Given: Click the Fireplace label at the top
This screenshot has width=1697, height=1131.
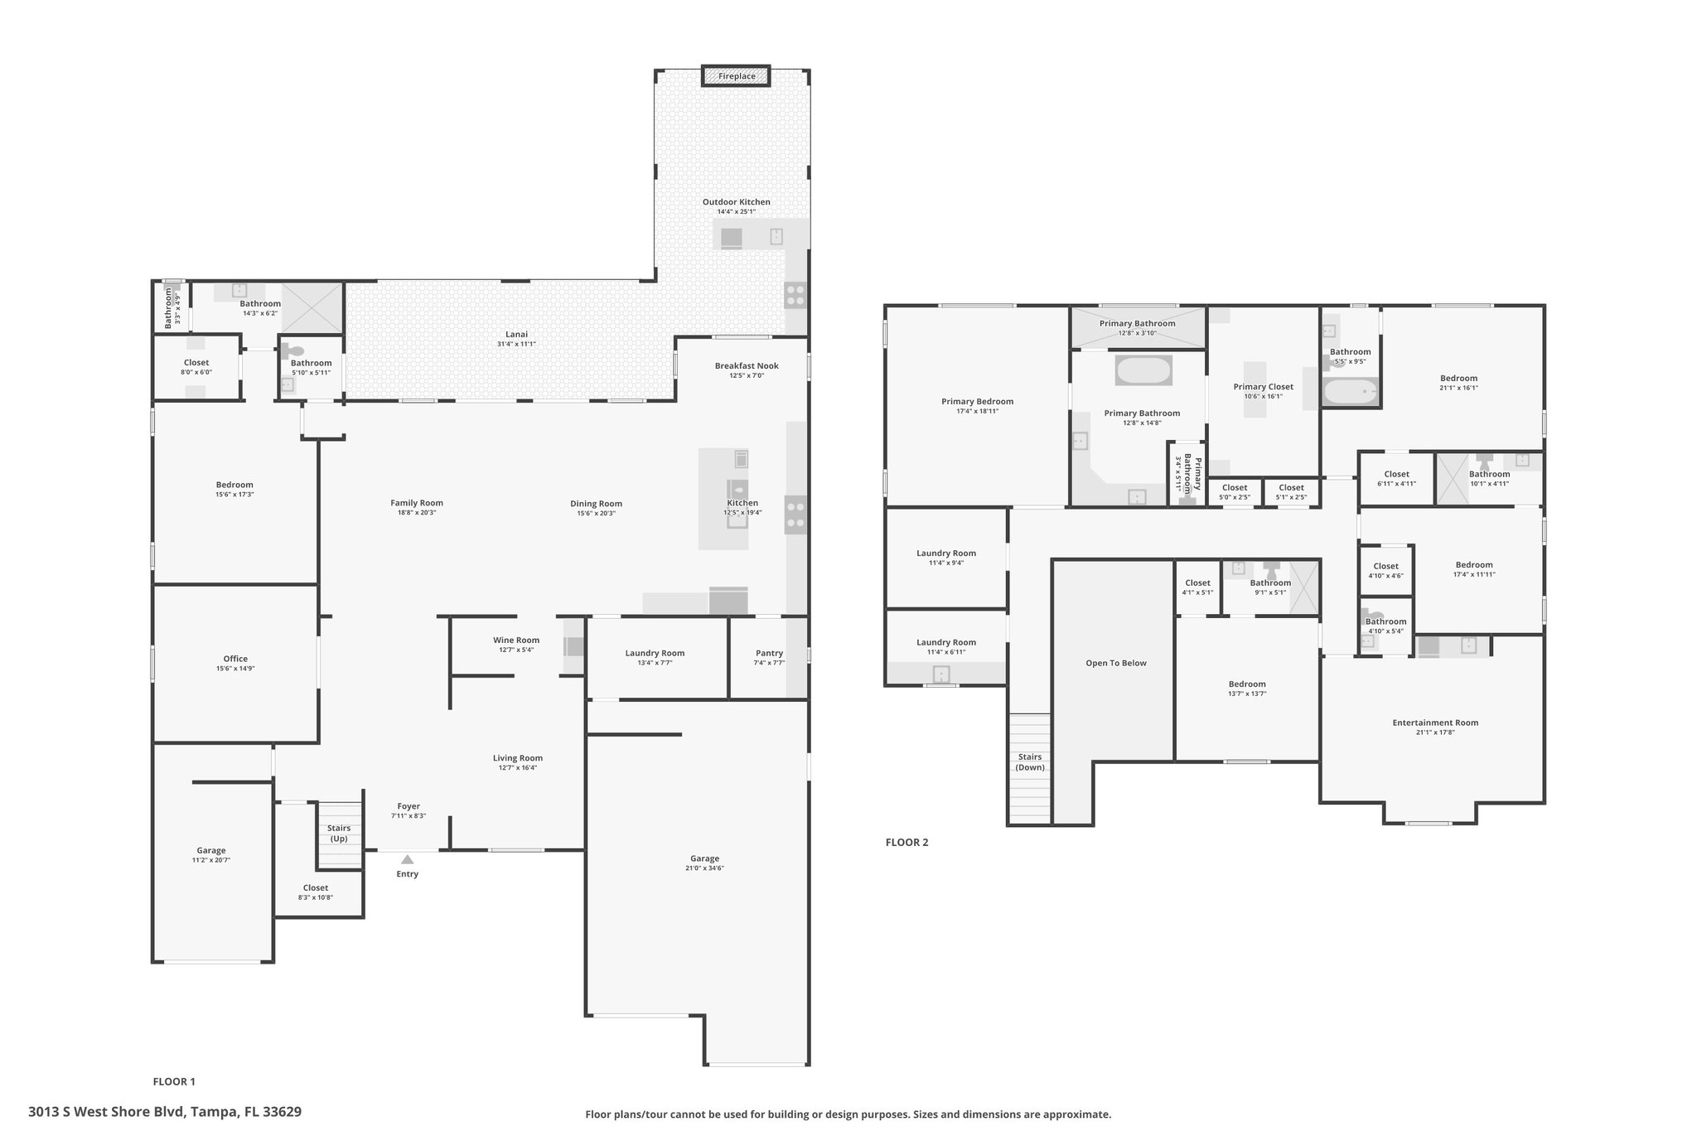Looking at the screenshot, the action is (737, 76).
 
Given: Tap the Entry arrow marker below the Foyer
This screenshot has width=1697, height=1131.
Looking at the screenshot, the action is (407, 859).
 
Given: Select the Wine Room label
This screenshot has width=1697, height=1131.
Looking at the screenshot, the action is (516, 640).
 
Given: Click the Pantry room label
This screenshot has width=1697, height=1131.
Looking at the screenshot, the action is (769, 653).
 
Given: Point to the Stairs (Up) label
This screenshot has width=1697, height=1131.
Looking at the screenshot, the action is (339, 833).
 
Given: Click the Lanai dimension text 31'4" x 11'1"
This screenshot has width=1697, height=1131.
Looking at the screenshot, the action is (516, 344).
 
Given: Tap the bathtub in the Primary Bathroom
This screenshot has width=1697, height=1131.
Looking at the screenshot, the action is (1143, 370).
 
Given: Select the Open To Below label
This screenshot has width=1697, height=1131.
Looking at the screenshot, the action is (1116, 663).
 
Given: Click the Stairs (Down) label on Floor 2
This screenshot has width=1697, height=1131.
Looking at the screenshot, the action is (1030, 761).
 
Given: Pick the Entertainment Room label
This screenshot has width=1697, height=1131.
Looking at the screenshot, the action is (1435, 723).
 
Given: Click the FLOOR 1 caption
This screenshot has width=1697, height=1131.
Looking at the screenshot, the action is (174, 1081).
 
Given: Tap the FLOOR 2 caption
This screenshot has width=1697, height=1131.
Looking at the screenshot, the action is (907, 843).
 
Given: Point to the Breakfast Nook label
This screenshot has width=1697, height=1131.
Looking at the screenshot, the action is (747, 365).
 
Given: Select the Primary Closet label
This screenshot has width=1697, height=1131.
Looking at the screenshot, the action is (1263, 387).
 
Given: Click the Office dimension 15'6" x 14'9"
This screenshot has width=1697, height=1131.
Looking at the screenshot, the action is (235, 668).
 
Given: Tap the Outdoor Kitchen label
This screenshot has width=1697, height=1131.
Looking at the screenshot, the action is (736, 201).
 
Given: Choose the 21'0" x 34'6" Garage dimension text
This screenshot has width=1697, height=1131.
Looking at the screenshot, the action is (704, 868).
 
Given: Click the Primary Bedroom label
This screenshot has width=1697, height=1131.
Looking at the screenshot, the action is (977, 401).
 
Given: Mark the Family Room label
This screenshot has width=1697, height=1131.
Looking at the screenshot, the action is (417, 503).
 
